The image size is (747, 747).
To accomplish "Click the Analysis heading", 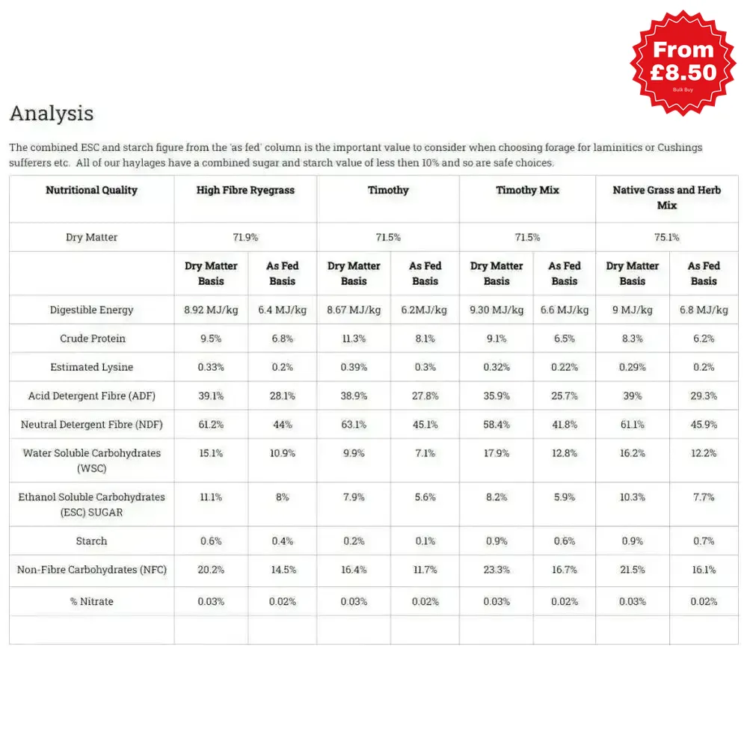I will coord(52,114).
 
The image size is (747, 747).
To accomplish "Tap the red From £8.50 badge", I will coord(683,62).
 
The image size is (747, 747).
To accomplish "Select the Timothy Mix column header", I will coord(527,191).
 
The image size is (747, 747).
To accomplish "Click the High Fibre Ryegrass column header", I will coord(245,191).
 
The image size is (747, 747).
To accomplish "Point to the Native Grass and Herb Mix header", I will coord(666,197).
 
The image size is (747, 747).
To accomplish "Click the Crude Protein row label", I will coord(92,339).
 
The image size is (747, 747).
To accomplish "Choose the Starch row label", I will coord(91,541).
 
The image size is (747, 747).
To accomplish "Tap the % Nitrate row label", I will coord(91,602).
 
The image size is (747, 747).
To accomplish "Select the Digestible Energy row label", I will coord(91,310).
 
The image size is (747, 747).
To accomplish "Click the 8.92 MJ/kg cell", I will coord(211,310).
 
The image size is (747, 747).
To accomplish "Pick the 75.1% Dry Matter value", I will coord(666,238).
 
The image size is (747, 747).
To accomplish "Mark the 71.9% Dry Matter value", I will coord(245,238).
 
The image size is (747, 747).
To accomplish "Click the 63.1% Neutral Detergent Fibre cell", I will coord(354,425).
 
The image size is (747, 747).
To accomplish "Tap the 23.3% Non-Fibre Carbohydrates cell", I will coord(497,570).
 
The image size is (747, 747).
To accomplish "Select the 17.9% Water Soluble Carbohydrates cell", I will coord(497,453).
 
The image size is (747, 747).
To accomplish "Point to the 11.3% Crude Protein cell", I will coord(354,339).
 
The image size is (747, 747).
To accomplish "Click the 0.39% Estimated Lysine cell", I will coord(354,367).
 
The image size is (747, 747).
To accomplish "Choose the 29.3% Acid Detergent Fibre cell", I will coord(704,396).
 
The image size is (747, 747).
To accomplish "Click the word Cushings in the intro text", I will coord(680,148).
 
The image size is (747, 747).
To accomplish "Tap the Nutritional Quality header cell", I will coord(91,191).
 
